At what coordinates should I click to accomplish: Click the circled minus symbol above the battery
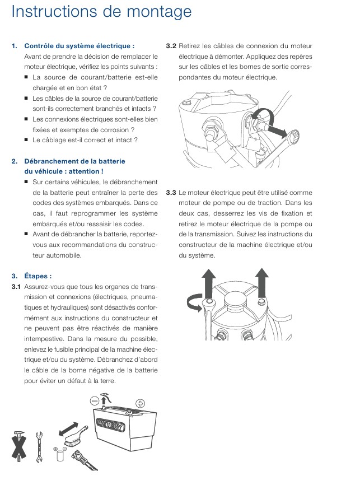[95, 401]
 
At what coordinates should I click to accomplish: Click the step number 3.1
[16, 286]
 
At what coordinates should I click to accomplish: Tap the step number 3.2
[171, 46]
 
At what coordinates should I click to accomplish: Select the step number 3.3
[171, 193]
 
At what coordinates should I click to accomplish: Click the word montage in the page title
[156, 11]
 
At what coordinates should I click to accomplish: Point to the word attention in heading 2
[82, 171]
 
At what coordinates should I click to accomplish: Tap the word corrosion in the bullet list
[110, 129]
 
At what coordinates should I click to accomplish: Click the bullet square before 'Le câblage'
[26, 139]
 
